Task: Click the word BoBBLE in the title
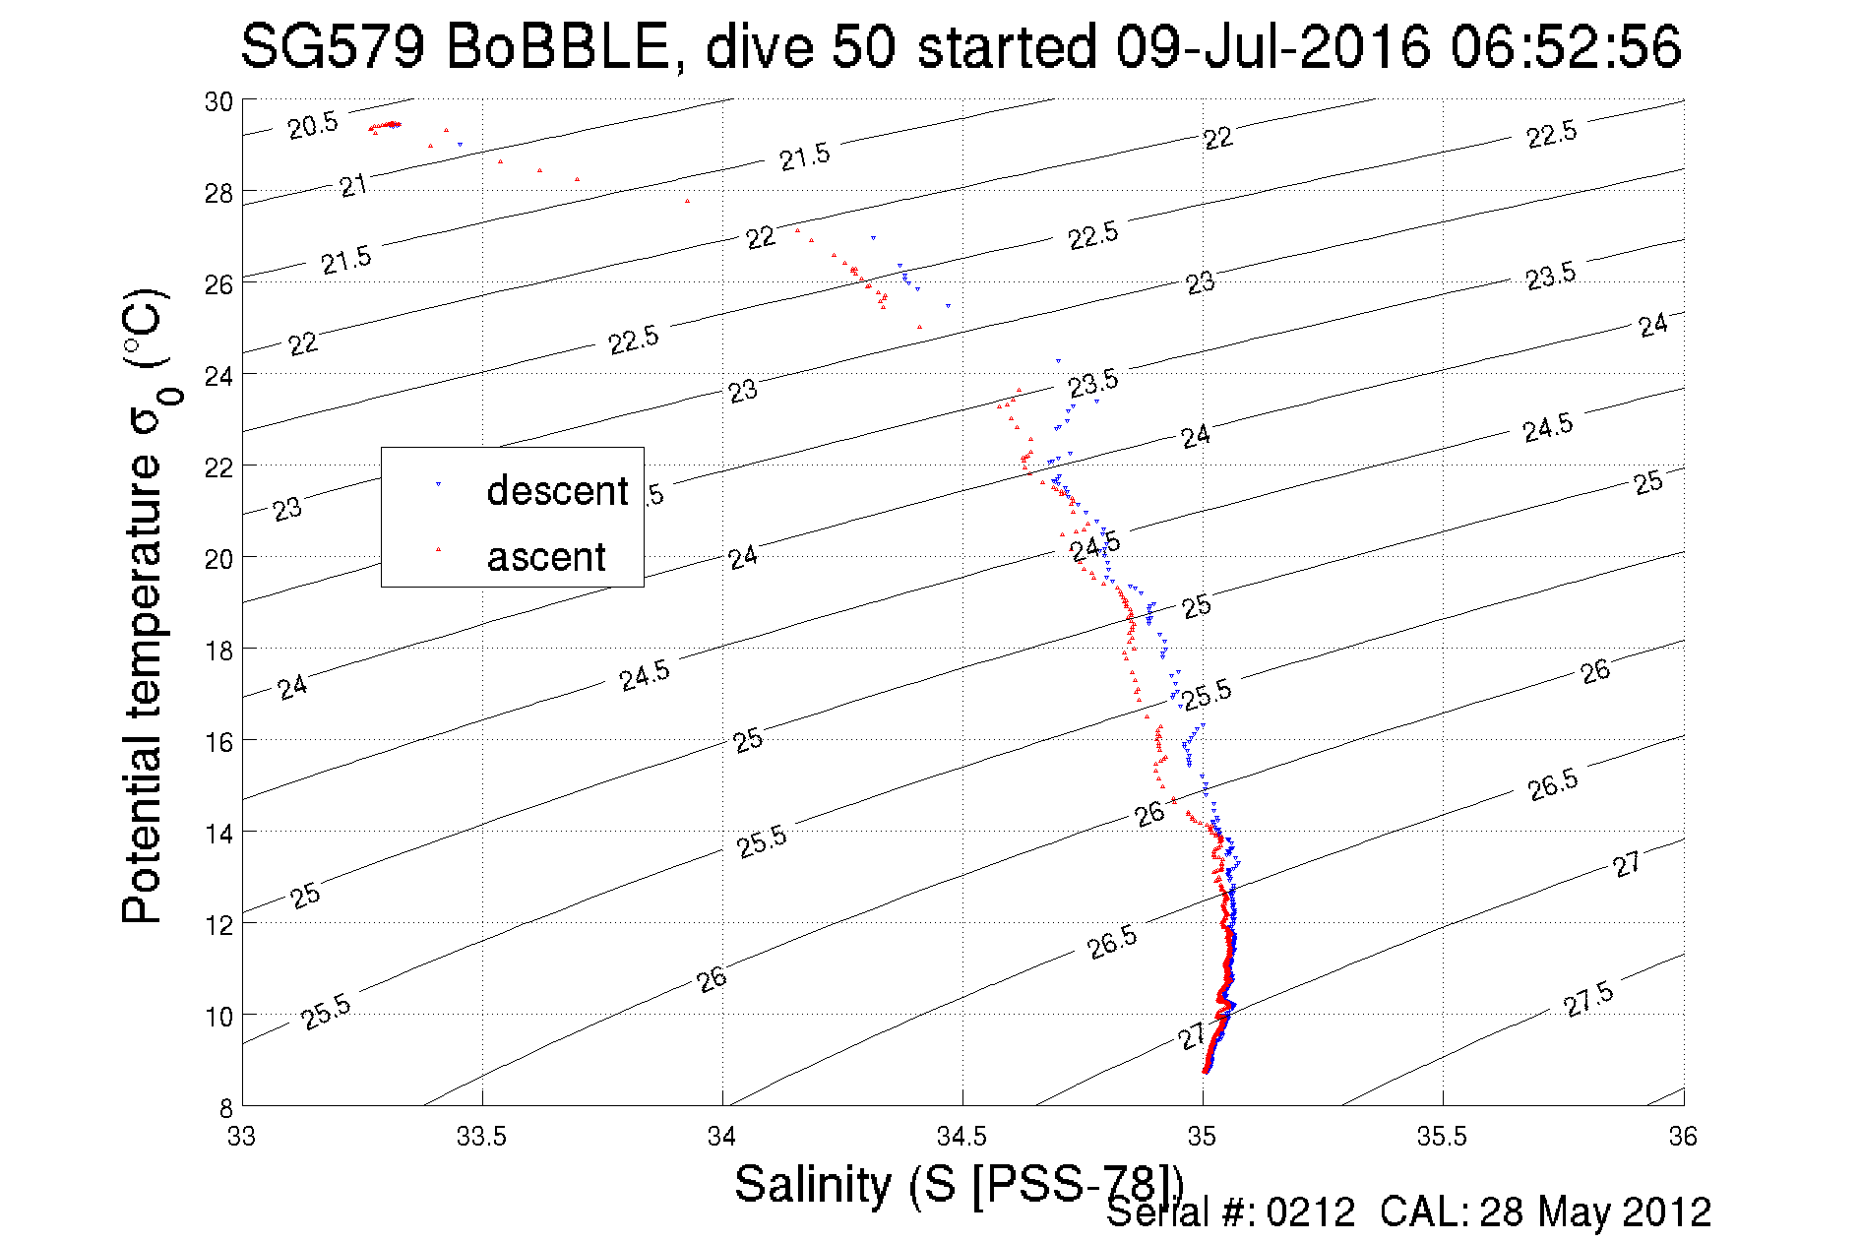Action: click(x=557, y=46)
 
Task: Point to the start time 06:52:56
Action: click(x=1566, y=46)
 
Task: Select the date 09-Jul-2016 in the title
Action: click(x=1272, y=46)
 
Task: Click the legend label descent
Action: click(x=557, y=490)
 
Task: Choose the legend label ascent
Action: click(x=546, y=557)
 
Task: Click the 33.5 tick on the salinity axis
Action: click(x=481, y=1137)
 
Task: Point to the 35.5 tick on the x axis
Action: click(x=1442, y=1137)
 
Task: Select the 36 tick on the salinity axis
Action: click(x=1683, y=1137)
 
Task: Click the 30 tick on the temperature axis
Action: click(x=218, y=101)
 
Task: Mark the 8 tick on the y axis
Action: click(x=226, y=1108)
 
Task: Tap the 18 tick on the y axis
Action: click(x=218, y=651)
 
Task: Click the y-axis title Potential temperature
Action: click(x=143, y=689)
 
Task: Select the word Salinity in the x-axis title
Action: click(x=812, y=1184)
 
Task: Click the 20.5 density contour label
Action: click(x=313, y=125)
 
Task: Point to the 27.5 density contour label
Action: click(x=1588, y=999)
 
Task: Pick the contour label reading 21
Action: click(x=353, y=185)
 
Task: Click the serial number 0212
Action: click(x=1311, y=1212)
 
